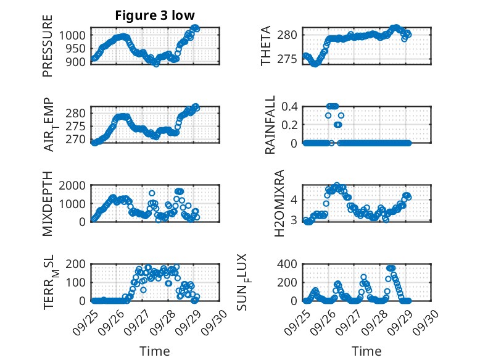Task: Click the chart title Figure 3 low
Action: tap(155, 15)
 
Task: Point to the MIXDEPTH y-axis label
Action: tap(48, 203)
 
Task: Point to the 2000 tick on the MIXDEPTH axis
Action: tap(74, 185)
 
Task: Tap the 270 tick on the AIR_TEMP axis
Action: tap(78, 140)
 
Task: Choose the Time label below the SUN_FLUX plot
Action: tap(366, 351)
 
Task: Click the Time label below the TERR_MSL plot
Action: tap(154, 351)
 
